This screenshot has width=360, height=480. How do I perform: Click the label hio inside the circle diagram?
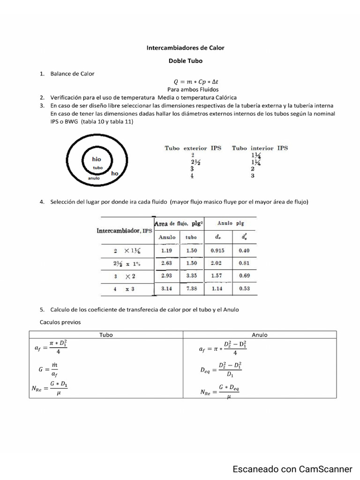97,159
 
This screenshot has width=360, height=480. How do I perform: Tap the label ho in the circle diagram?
115,173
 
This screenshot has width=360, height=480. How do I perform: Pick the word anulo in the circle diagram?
94,178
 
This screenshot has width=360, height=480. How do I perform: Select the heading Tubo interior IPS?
260,148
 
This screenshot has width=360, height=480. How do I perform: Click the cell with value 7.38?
191,289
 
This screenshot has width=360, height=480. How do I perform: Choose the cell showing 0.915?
217,250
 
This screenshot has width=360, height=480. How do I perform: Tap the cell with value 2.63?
167,263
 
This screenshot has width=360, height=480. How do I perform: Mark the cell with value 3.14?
167,289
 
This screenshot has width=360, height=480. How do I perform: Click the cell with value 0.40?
244,250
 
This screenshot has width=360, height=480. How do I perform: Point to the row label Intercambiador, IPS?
124,231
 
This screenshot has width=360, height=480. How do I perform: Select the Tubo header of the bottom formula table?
106,335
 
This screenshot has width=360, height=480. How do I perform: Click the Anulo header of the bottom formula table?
259,335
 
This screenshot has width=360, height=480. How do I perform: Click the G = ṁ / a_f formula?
48,369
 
